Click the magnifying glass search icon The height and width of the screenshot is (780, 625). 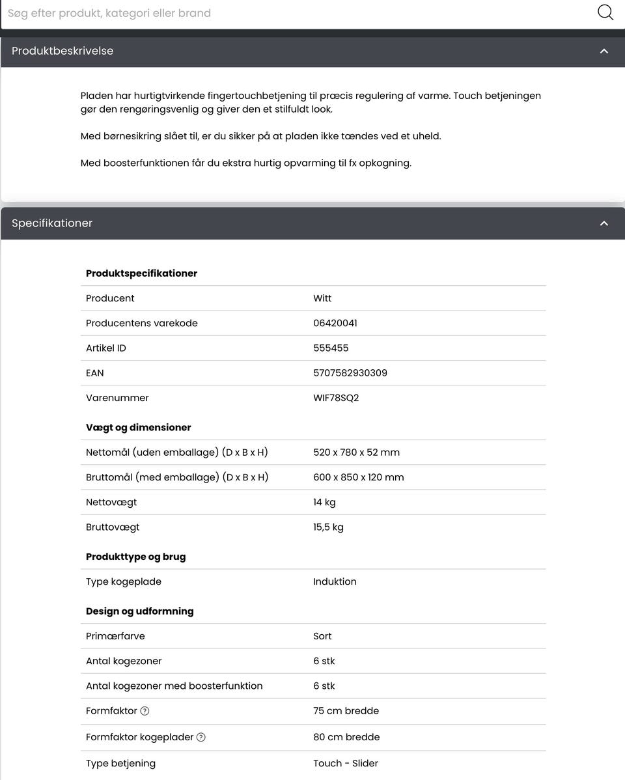point(605,12)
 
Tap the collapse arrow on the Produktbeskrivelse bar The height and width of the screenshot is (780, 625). point(604,51)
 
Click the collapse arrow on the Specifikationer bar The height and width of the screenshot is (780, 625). point(604,223)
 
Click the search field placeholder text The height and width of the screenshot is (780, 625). point(109,13)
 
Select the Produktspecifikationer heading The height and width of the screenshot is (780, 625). point(141,273)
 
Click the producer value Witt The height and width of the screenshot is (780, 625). point(322,298)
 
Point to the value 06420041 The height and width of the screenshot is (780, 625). point(335,323)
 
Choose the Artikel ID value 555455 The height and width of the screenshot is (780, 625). point(331,348)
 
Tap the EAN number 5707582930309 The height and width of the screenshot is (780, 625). point(350,373)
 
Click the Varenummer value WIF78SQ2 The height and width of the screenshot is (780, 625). point(336,398)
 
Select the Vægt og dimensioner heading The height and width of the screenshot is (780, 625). point(138,428)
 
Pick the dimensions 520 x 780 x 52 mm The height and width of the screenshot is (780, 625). point(356,453)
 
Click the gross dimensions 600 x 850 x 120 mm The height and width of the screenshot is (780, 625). point(358,477)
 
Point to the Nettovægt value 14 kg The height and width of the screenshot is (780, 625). point(324,502)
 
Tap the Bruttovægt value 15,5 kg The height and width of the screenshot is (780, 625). point(328,527)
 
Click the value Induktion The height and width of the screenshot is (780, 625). point(335,581)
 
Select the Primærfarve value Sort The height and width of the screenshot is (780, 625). point(322,636)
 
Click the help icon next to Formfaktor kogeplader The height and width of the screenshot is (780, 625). point(201,737)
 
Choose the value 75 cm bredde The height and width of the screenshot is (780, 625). point(346,711)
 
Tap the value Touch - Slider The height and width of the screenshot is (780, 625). point(346,763)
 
